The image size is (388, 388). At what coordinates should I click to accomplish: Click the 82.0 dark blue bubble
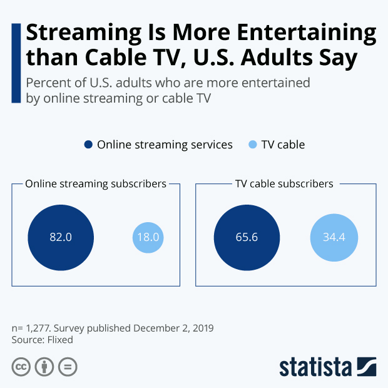[x=61, y=238]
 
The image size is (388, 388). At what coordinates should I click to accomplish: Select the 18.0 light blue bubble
[x=148, y=238]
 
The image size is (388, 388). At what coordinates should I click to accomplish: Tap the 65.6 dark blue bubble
[x=247, y=238]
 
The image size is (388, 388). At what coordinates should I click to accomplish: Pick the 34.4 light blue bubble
[x=334, y=238]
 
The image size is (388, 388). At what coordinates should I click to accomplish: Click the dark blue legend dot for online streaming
[x=88, y=145]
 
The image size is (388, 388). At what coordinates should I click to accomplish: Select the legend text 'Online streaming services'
[x=165, y=145]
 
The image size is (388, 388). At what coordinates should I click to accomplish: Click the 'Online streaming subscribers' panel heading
[x=95, y=184]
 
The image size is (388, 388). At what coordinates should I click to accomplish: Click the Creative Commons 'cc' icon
[x=21, y=367]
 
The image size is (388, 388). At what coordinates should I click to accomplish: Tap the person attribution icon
[x=44, y=367]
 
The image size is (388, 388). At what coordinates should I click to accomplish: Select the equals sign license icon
[x=67, y=367]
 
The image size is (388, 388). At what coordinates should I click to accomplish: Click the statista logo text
[x=316, y=367]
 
